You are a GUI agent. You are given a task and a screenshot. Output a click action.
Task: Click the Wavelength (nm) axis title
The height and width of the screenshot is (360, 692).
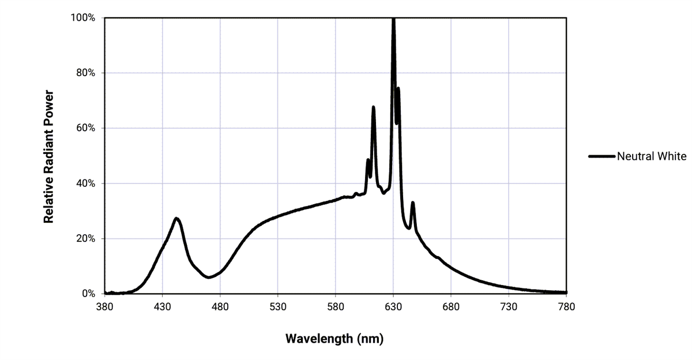click(x=334, y=338)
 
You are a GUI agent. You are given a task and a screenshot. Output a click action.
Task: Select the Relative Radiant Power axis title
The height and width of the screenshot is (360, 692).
click(x=49, y=156)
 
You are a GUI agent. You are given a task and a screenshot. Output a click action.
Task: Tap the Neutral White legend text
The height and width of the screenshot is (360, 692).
click(x=652, y=156)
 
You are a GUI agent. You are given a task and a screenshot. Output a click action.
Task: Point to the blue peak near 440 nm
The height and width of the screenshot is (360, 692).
click(x=176, y=218)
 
